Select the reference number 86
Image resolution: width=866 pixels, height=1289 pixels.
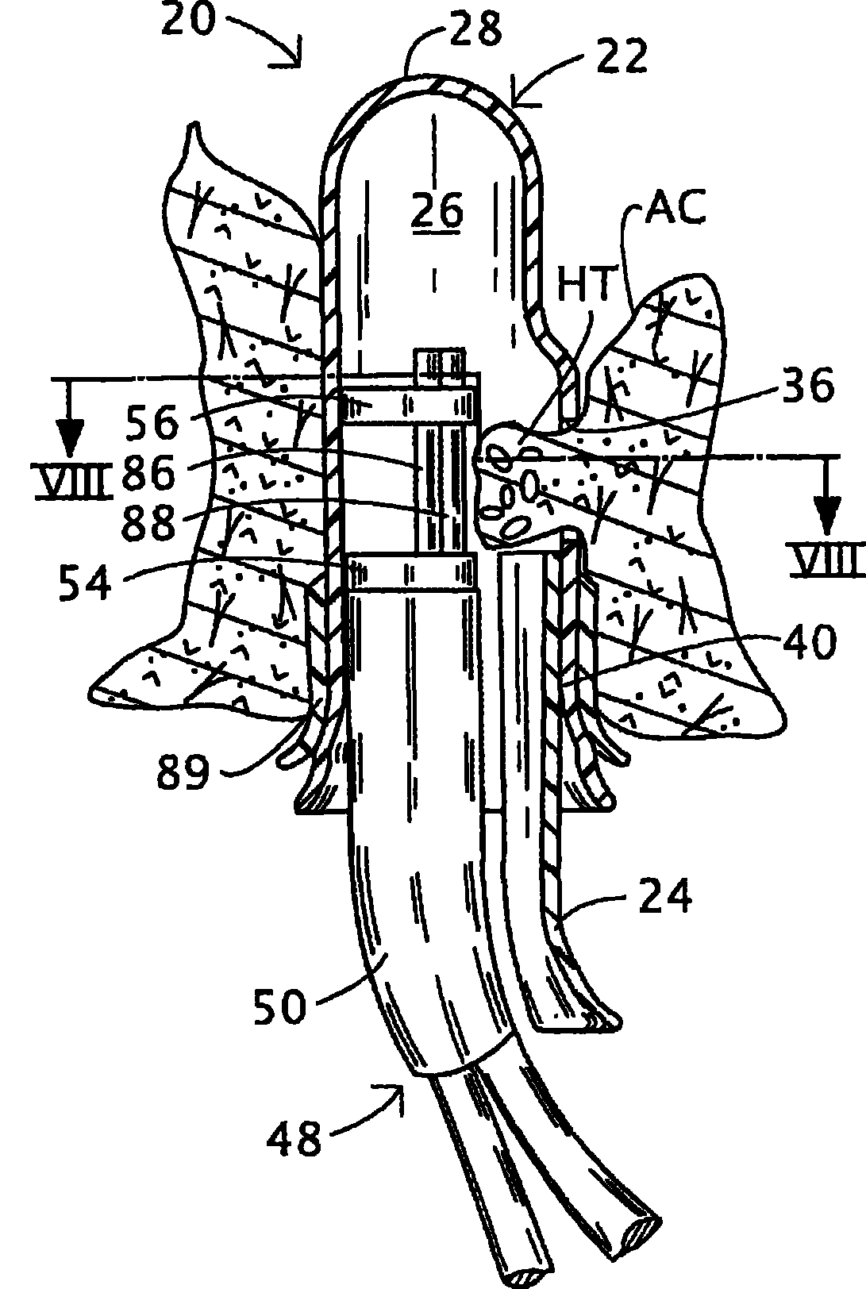(x=148, y=474)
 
